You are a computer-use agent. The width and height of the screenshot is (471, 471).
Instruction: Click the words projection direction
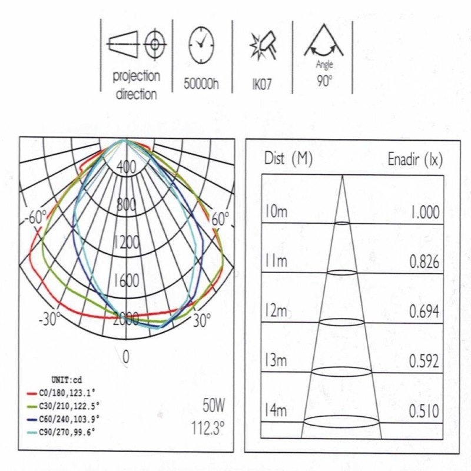pyautogui.click(x=136, y=85)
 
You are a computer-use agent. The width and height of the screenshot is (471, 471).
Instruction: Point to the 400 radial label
pyautogui.click(x=126, y=167)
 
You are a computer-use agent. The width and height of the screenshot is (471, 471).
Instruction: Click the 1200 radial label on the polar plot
pyautogui.click(x=126, y=242)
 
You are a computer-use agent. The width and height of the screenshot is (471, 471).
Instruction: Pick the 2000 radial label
pyautogui.click(x=126, y=319)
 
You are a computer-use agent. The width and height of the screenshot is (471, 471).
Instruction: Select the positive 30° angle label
pyautogui.click(x=201, y=320)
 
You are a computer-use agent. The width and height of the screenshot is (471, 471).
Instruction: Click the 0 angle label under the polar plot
pyautogui.click(x=125, y=356)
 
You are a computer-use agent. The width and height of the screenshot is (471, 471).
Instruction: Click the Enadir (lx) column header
pyautogui.click(x=414, y=159)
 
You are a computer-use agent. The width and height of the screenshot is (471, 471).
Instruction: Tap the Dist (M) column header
pyautogui.click(x=288, y=159)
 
